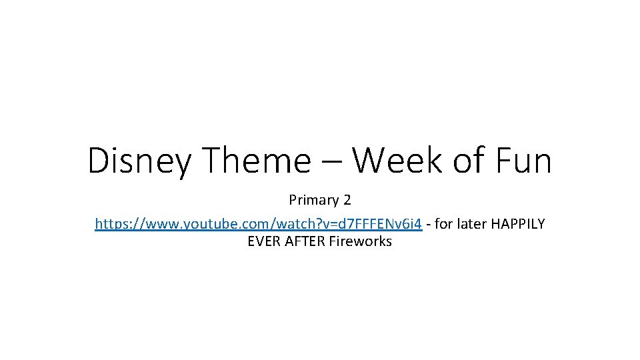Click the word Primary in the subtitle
313,200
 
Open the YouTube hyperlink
258,224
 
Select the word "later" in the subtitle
474,224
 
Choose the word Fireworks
361,241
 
